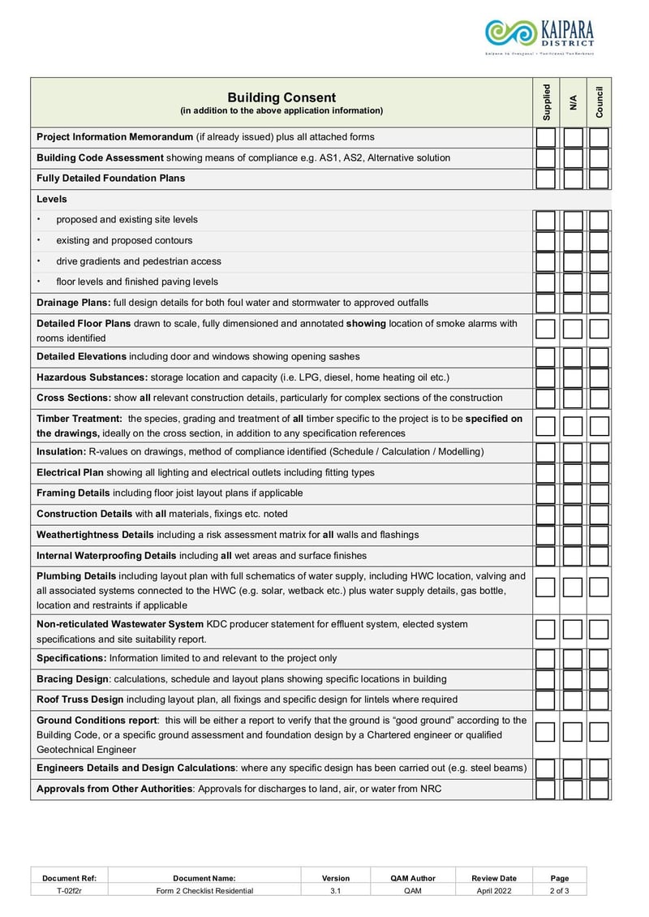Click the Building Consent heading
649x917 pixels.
[x=281, y=97]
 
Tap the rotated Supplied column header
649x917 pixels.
[x=546, y=102]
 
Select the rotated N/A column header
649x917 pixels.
[x=574, y=102]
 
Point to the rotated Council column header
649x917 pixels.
[x=600, y=102]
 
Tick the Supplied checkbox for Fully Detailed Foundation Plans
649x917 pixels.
[x=546, y=179]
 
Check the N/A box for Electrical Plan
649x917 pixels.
[x=574, y=473]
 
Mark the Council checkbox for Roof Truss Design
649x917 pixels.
[x=600, y=700]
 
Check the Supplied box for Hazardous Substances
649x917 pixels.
[x=546, y=378]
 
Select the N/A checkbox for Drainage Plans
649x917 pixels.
[x=574, y=304]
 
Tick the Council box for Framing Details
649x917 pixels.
[x=600, y=493]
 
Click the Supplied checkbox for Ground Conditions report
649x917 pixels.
[x=546, y=732]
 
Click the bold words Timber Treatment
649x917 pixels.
[x=79, y=419]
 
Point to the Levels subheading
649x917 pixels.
[x=52, y=199]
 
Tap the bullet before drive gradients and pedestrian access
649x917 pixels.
[x=39, y=260]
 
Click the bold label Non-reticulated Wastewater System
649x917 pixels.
[x=120, y=624]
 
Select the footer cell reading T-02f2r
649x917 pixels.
[x=69, y=890]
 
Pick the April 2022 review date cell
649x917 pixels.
[x=494, y=890]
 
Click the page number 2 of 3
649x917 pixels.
[x=559, y=890]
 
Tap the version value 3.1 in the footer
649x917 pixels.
[x=335, y=890]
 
